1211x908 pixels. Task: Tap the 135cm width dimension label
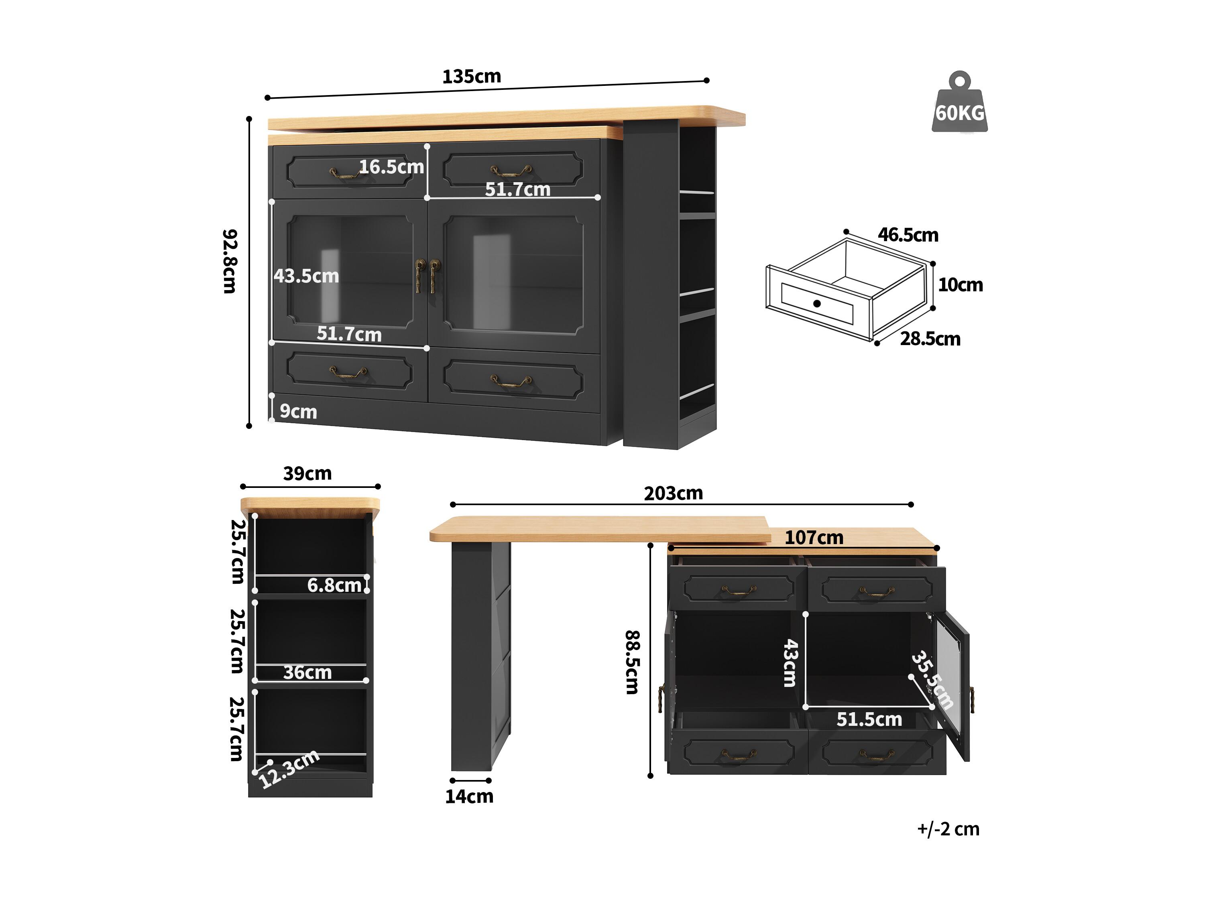click(x=471, y=77)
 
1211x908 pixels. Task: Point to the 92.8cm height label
click(x=230, y=261)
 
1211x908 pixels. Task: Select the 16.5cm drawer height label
click(x=391, y=167)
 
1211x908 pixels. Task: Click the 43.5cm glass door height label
click(x=307, y=276)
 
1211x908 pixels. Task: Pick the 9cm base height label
click(x=298, y=412)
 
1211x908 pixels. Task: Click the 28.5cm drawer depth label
click(x=930, y=339)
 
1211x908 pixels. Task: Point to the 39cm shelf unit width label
click(x=307, y=473)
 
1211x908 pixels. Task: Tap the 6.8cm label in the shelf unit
click(x=334, y=585)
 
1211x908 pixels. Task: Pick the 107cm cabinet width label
click(x=814, y=538)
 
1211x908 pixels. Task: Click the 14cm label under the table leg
click(x=469, y=796)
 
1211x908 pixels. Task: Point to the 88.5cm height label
click(x=632, y=662)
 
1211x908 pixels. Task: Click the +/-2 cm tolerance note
click(x=948, y=829)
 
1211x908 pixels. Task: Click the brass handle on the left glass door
click(x=419, y=276)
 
